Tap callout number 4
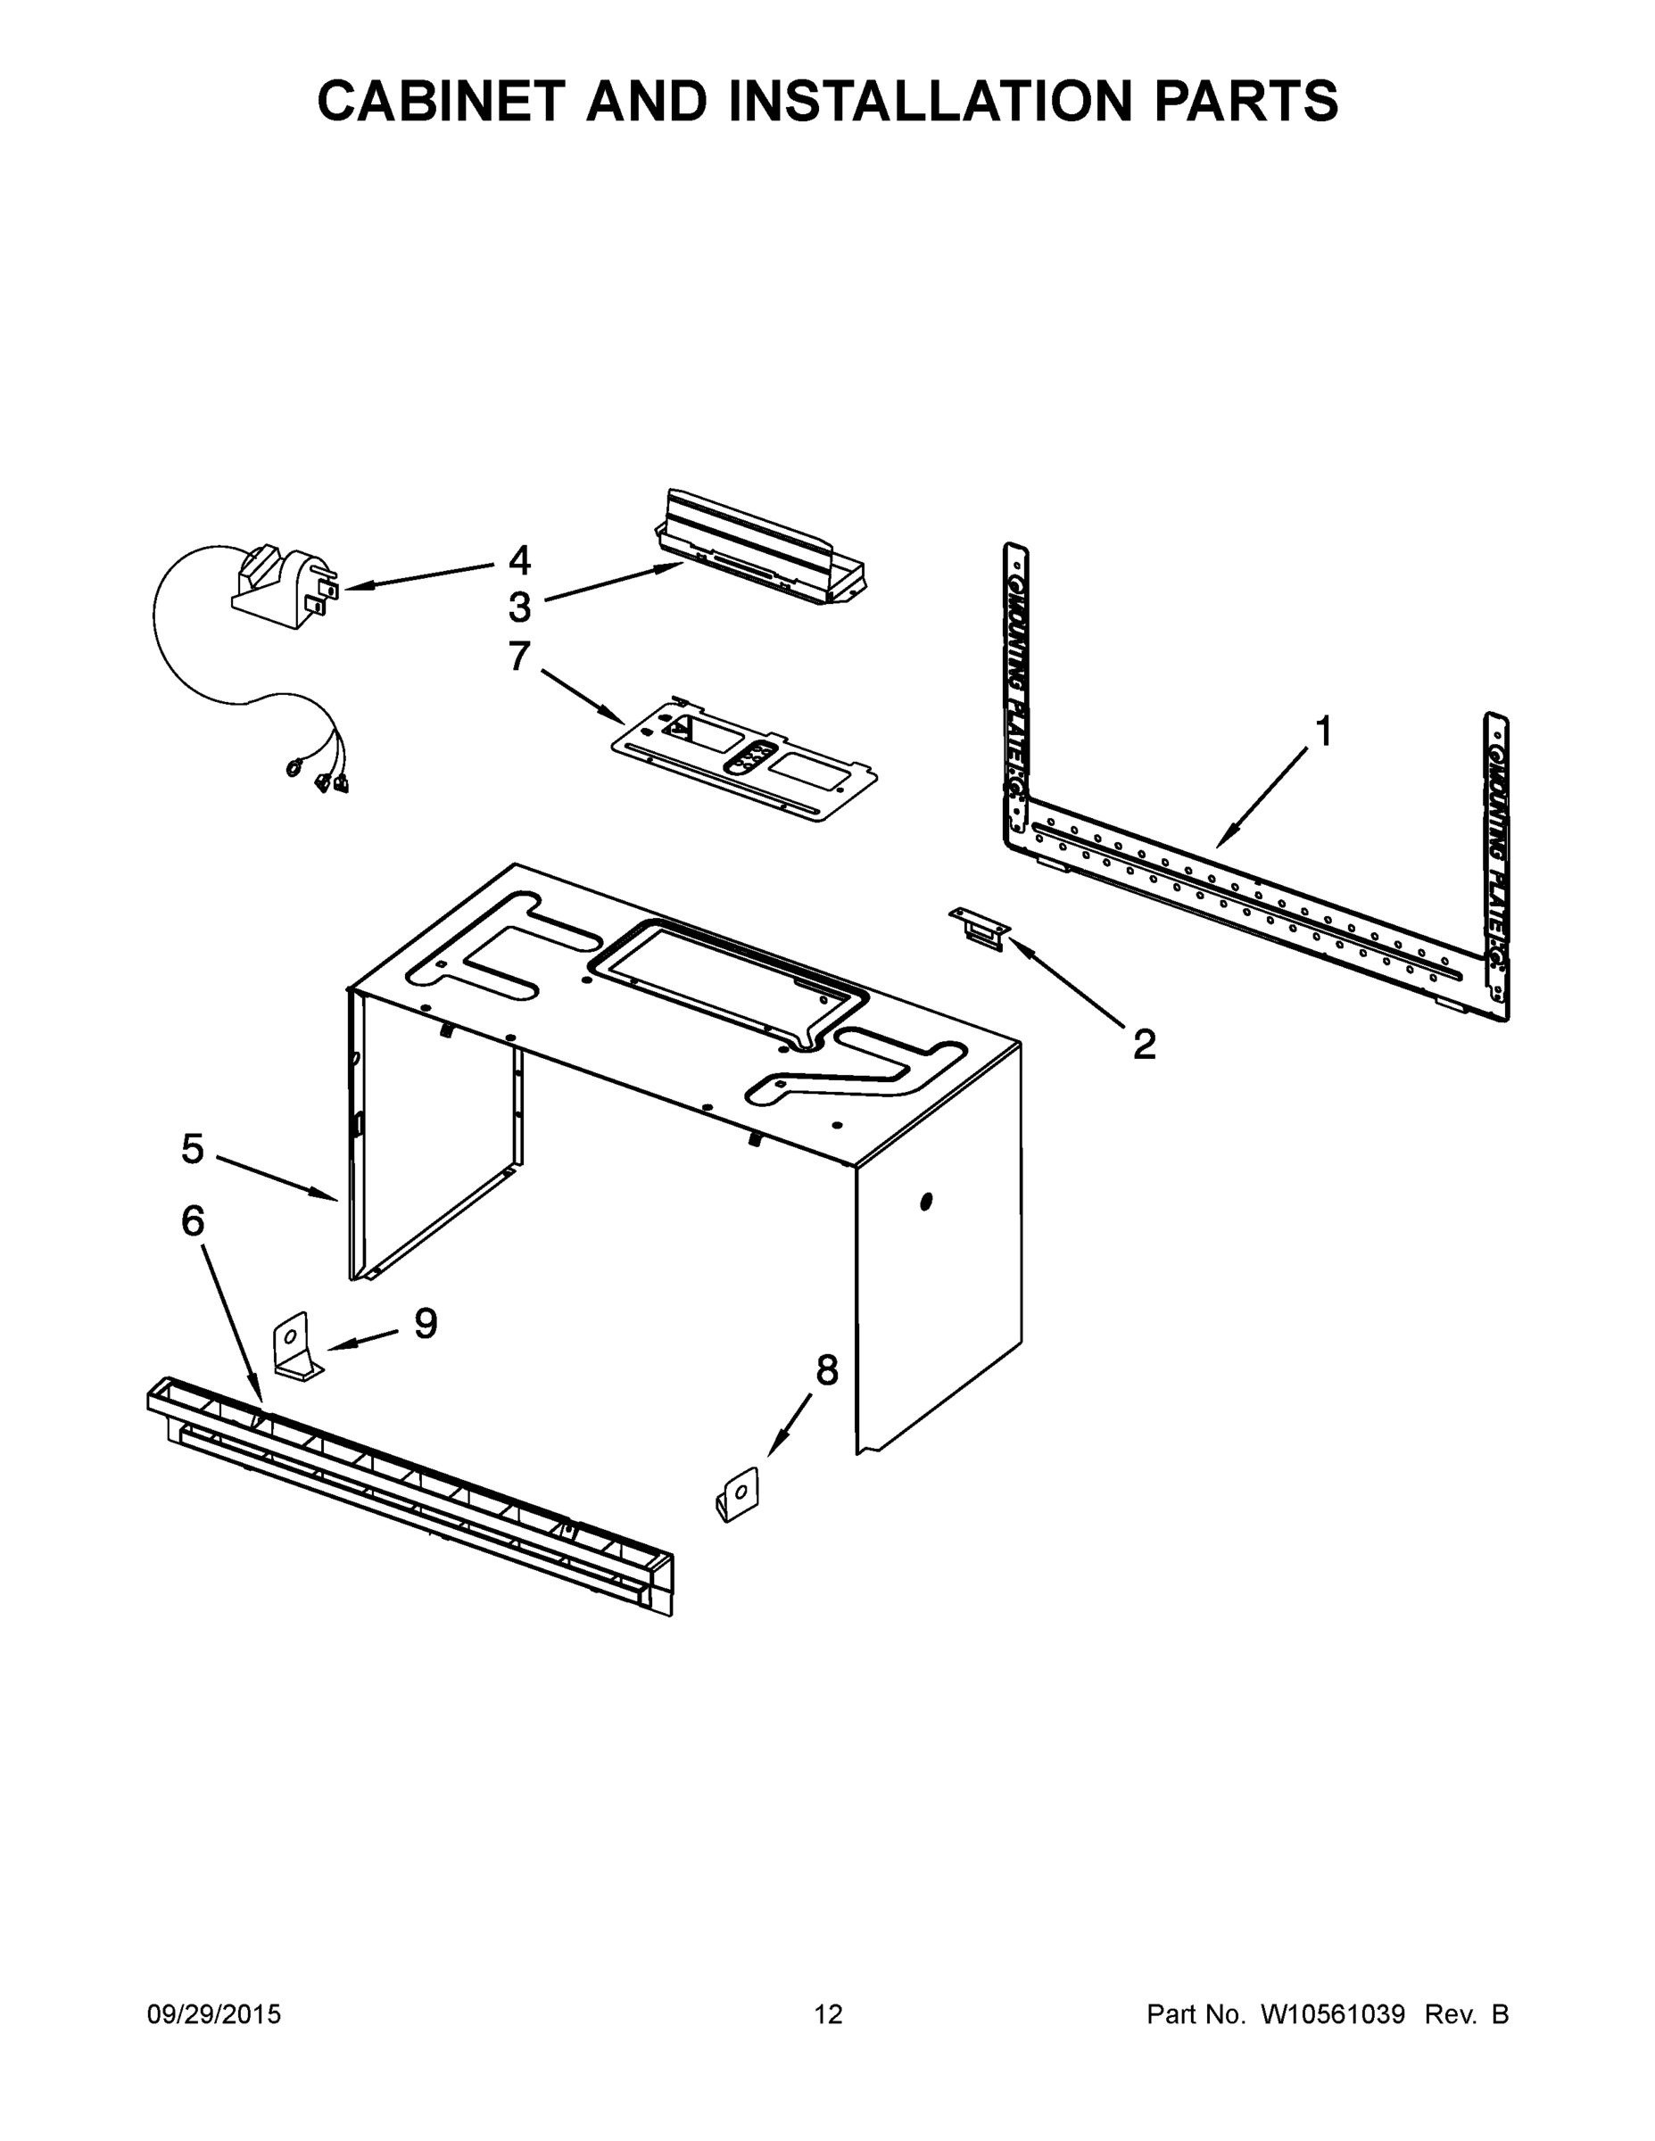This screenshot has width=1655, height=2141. (x=518, y=561)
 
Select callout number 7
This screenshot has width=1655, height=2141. (x=518, y=656)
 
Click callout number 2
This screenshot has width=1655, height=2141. (x=1143, y=1044)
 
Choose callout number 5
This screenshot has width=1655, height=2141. (x=192, y=1149)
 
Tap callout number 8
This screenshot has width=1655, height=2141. (x=826, y=1370)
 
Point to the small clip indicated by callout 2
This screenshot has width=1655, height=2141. (x=979, y=926)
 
